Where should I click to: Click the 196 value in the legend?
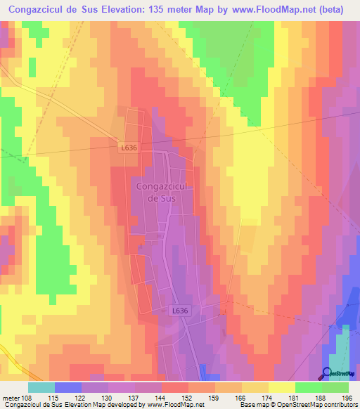[x=345, y=397]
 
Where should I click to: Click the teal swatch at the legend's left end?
[x=41, y=387]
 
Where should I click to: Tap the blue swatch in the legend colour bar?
[x=68, y=387]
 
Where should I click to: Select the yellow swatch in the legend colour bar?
[x=281, y=387]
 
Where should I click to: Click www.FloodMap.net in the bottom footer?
[x=175, y=405]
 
